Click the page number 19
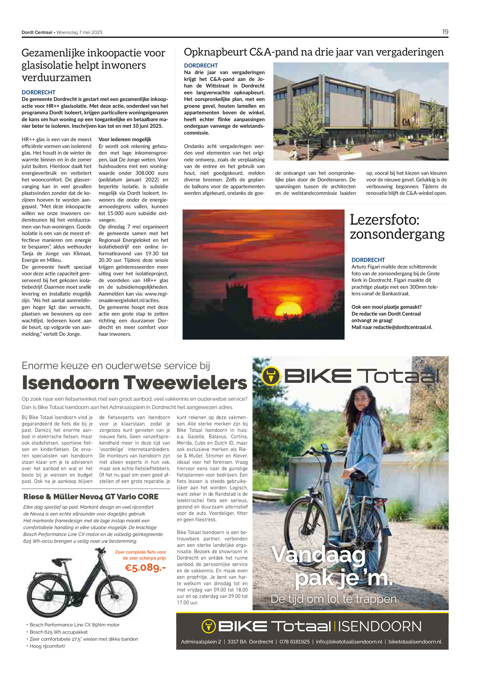445,32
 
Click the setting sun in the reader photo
288,309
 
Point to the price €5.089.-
145,567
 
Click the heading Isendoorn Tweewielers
134,382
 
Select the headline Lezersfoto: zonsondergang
397,227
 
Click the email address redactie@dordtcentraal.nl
402,327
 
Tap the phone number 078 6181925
294,642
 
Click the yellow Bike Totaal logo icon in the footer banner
208,626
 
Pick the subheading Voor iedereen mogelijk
125,139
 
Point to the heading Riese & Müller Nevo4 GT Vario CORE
91,497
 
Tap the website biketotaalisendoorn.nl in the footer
415,642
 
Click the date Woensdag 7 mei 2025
79,32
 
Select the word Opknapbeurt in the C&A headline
215,52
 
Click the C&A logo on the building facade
406,122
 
